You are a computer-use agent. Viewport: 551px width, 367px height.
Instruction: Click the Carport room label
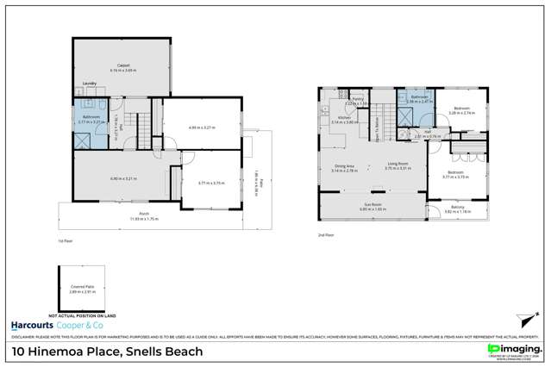(113, 66)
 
